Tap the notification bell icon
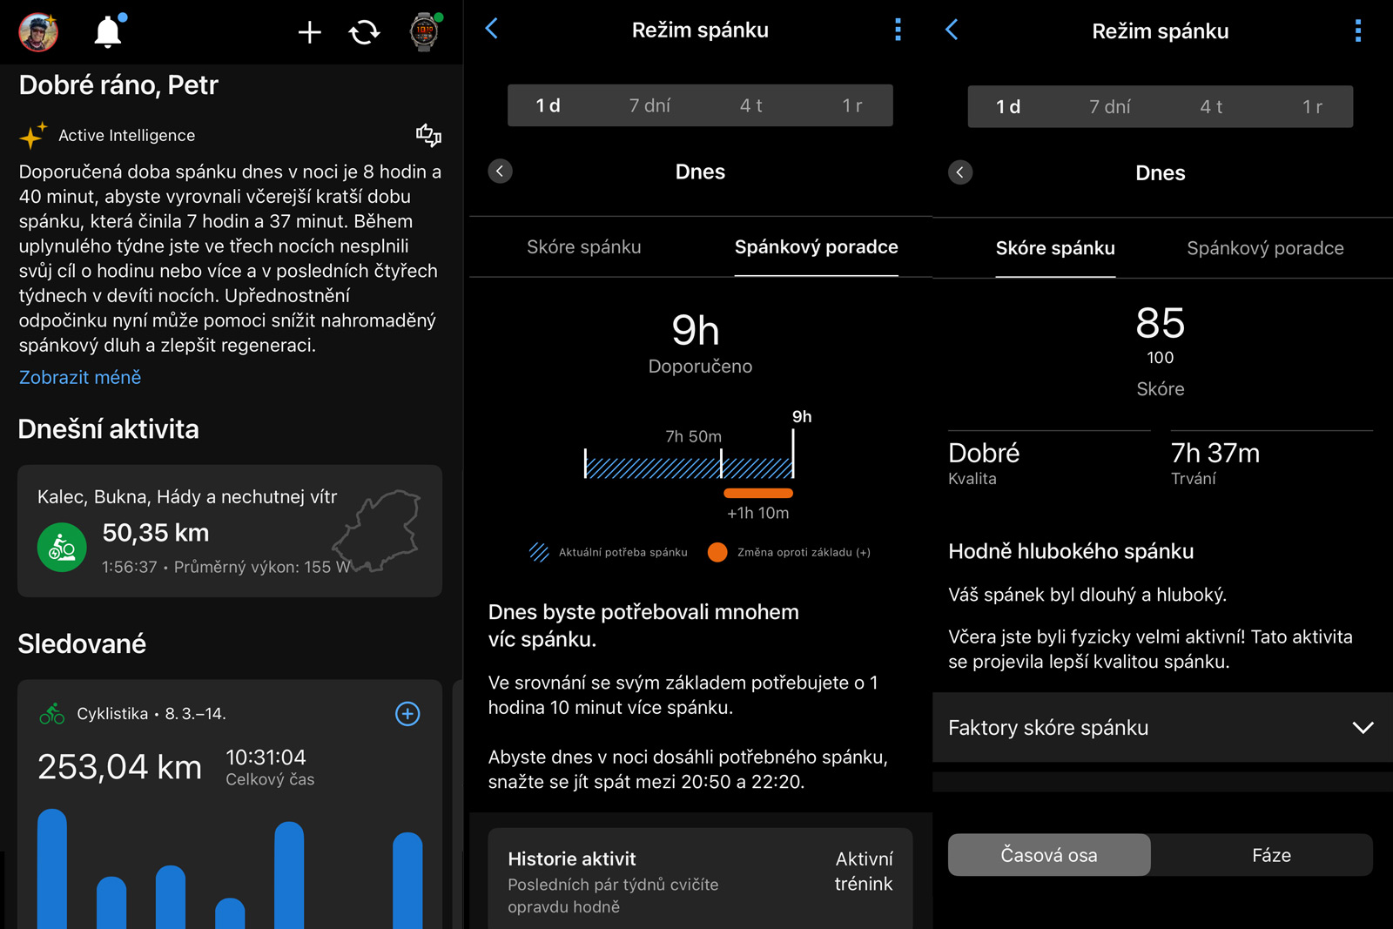[108, 31]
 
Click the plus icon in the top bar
[309, 32]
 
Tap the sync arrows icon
[365, 32]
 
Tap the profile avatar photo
[38, 31]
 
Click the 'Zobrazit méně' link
[79, 378]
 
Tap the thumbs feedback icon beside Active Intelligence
[428, 135]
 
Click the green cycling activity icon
[62, 547]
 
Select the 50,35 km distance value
[156, 533]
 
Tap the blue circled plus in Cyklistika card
[407, 714]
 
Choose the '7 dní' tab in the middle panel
[649, 105]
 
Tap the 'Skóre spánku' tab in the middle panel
[584, 247]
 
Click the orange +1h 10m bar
[758, 493]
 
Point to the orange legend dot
[717, 552]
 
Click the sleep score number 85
[1160, 323]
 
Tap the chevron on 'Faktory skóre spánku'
[1363, 728]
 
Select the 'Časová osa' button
[1049, 855]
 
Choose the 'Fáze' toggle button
[1271, 855]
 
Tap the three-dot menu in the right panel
[1358, 30]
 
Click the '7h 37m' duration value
[1215, 454]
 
